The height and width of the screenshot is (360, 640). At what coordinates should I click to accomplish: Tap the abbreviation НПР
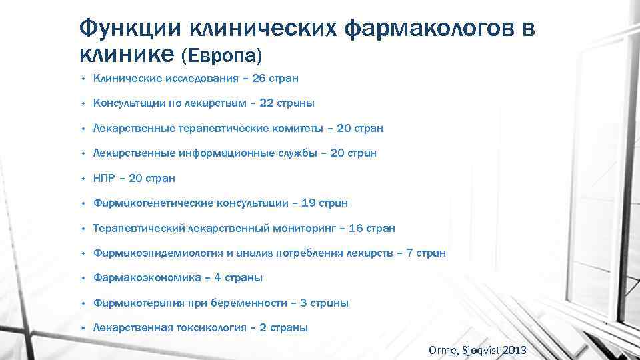point(106,178)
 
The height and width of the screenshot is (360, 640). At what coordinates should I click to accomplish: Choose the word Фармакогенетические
point(153,203)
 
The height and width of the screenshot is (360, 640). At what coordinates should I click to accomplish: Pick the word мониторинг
point(305,228)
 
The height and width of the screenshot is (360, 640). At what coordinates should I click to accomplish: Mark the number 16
point(356,228)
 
